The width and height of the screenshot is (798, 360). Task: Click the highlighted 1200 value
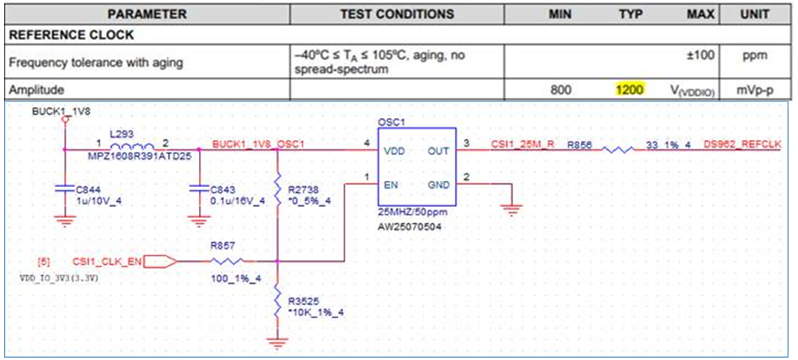630,90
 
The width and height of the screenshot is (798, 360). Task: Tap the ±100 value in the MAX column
701,54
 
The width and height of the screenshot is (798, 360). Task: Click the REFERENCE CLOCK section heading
72,35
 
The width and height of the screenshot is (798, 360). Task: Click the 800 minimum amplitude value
561,90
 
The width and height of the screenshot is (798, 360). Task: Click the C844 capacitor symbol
64,189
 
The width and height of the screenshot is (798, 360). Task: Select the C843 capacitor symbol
198,189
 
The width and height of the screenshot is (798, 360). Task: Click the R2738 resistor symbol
277,189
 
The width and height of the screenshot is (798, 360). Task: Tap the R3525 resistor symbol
277,300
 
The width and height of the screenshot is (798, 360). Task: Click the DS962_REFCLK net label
742,145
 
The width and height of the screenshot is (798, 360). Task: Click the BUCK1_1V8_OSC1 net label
259,145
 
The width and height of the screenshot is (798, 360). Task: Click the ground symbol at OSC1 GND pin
513,209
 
